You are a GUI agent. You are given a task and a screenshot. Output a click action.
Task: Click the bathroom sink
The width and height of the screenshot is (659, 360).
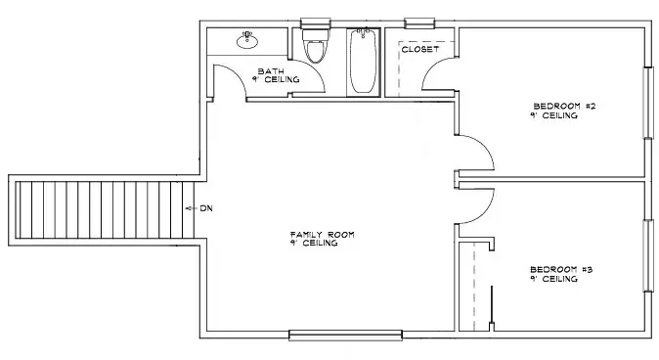pos(247,39)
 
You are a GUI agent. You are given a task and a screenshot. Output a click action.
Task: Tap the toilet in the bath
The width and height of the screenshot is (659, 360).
pos(316,45)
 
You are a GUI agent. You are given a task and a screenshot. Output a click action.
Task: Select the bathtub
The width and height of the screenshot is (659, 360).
pos(363,61)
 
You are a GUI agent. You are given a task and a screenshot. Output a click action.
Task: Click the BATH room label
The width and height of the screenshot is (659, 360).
pos(271,71)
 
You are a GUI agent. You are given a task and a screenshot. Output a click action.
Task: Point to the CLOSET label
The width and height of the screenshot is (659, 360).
pos(419,49)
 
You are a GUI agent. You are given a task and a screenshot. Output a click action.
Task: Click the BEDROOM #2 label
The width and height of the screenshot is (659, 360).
pos(564,106)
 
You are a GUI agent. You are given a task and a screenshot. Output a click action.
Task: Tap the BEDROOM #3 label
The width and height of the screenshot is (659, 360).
pos(561,269)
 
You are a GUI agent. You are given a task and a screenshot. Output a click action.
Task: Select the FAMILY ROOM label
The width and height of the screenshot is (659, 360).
pos(322,234)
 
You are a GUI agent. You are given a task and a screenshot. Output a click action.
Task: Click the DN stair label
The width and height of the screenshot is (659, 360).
pos(206,208)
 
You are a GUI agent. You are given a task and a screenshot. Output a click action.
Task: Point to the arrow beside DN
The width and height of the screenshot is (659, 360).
pos(192,208)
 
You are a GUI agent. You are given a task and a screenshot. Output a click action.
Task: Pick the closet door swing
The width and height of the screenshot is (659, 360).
pos(438,74)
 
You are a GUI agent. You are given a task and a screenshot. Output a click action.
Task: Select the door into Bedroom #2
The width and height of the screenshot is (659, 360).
pos(474,153)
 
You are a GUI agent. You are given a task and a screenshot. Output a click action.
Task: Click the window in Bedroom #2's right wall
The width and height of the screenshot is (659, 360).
pos(649,103)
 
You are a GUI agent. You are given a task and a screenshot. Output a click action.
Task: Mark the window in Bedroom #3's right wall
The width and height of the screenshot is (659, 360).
pos(649,255)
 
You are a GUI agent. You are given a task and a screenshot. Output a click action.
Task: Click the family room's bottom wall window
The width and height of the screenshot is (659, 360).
pos(345,336)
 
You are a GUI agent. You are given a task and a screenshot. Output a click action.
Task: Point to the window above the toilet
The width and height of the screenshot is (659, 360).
pos(316,23)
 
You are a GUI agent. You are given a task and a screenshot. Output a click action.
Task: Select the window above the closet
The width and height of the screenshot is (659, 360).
pos(419,23)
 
